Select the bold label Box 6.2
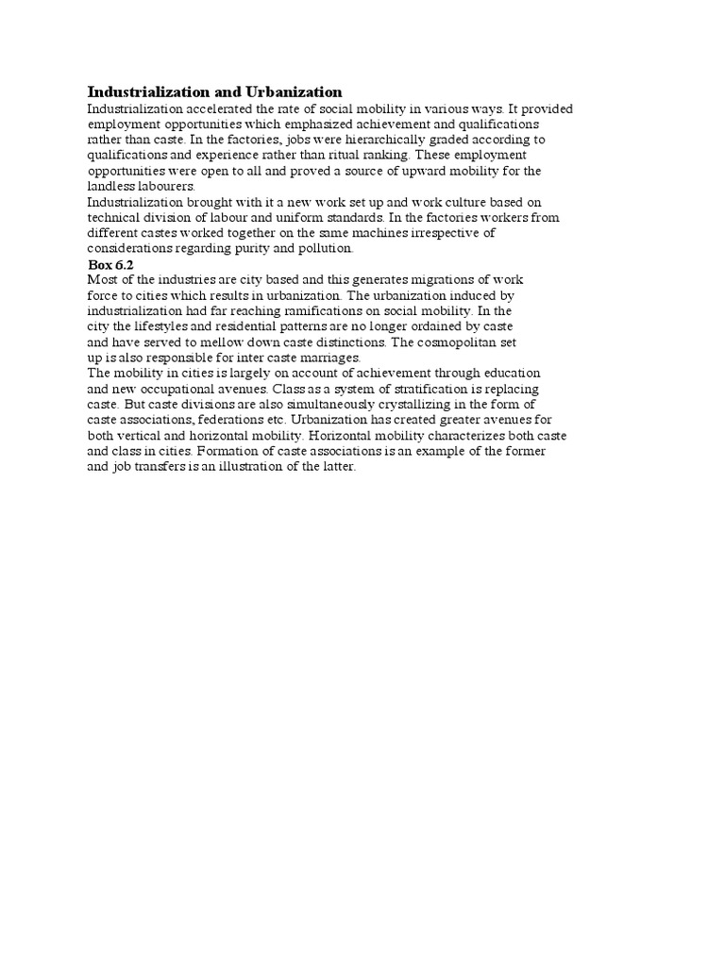(x=110, y=265)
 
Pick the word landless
(x=110, y=187)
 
